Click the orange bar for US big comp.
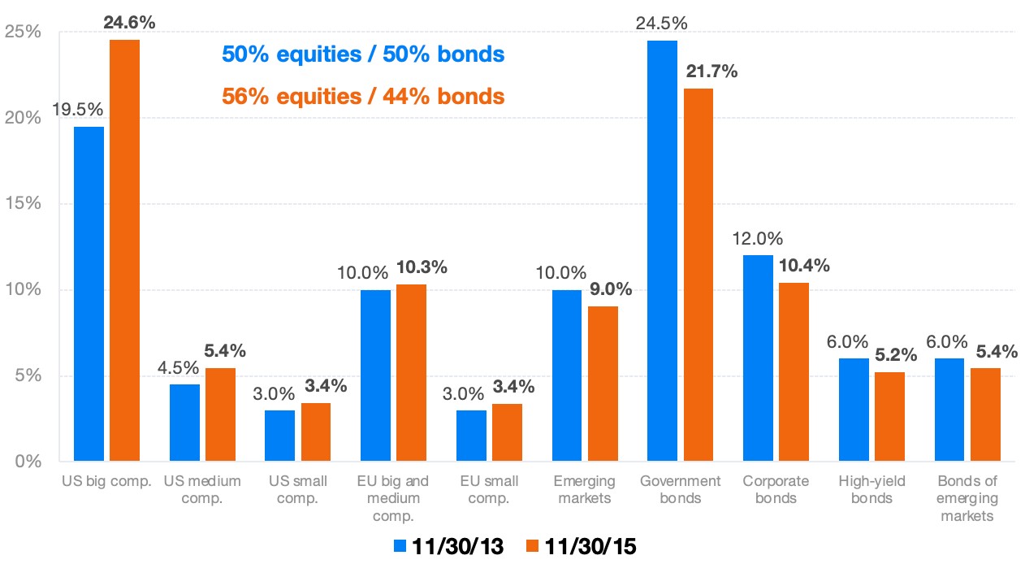(x=124, y=250)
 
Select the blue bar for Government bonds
(x=662, y=251)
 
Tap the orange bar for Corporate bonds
(x=794, y=372)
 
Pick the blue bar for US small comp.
(x=279, y=436)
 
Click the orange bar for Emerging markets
(x=603, y=384)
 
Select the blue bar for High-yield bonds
(x=854, y=410)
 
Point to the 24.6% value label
(x=129, y=22)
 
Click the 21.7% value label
(x=711, y=72)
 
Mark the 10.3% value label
(x=422, y=267)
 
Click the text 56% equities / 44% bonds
(x=363, y=96)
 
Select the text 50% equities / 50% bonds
(x=363, y=54)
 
